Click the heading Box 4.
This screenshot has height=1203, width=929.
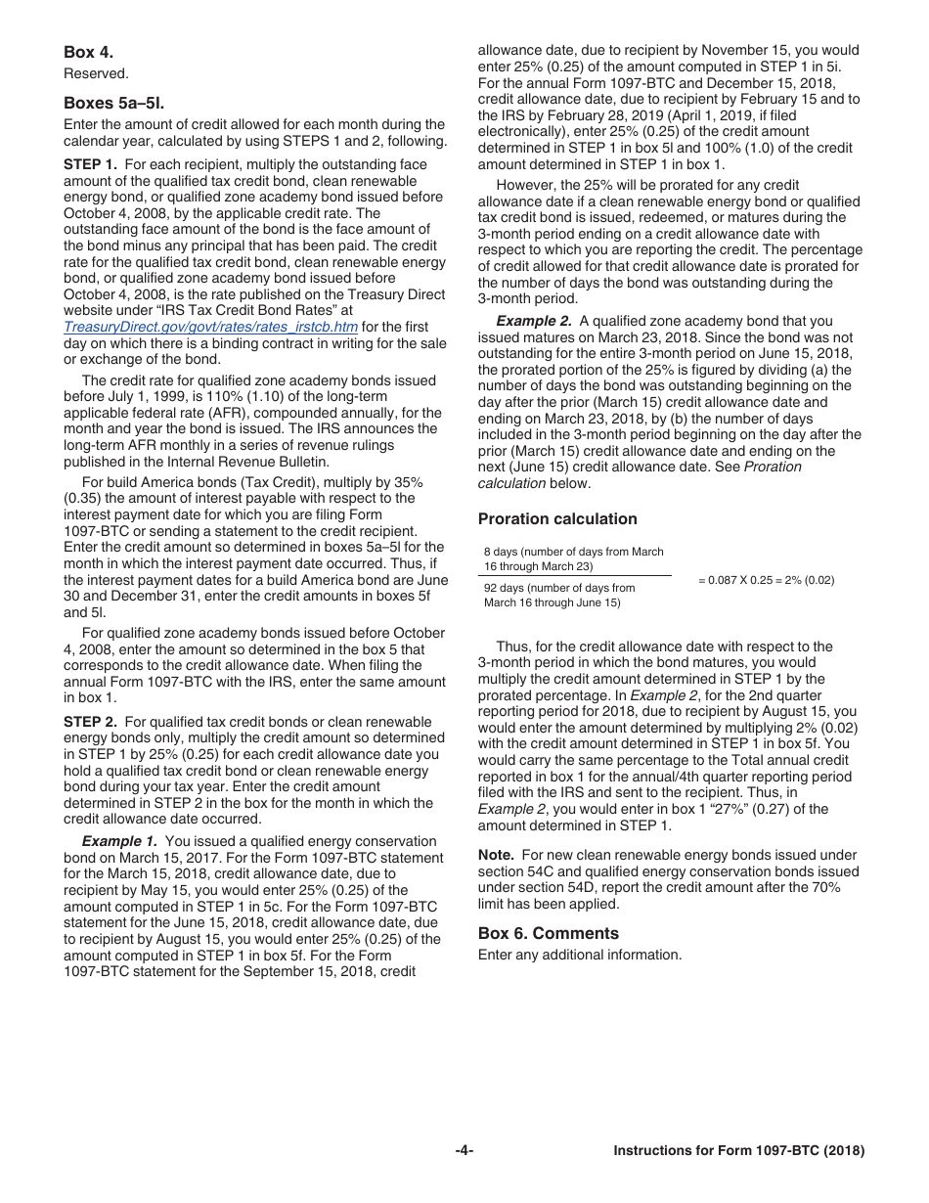tap(88, 52)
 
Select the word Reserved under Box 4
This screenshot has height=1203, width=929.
tap(96, 73)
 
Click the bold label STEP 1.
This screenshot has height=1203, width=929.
tap(90, 165)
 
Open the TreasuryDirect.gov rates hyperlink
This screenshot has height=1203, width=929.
tap(210, 327)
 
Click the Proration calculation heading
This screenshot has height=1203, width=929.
tap(557, 519)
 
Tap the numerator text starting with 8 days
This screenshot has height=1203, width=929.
tap(573, 559)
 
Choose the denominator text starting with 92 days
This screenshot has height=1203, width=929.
tap(559, 595)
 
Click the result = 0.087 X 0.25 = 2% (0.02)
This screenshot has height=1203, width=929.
tap(766, 581)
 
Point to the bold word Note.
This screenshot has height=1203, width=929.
tap(496, 855)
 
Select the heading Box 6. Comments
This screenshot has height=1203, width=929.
tap(549, 933)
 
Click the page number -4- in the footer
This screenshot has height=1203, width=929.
tap(464, 1151)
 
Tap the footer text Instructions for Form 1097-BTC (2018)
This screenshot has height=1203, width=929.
tap(738, 1151)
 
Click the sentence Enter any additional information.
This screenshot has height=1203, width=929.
tap(580, 955)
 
